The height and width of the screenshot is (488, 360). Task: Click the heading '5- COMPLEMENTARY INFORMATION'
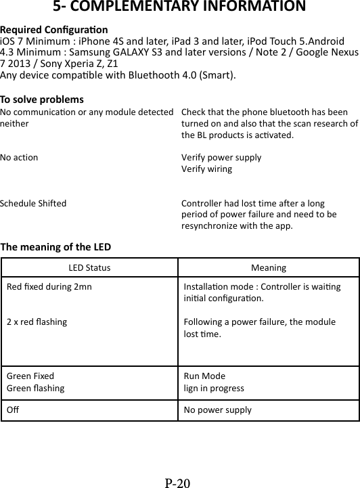click(179, 8)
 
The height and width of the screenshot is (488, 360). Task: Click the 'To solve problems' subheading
click(42, 99)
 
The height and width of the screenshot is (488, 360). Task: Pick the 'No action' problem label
click(20, 157)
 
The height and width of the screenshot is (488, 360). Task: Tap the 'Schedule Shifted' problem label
click(33, 202)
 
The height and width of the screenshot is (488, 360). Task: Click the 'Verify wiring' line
click(206, 169)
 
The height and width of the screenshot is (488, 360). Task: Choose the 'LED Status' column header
click(90, 268)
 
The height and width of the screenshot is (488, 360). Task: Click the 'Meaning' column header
click(268, 268)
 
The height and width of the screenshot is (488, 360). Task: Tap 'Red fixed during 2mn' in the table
click(49, 286)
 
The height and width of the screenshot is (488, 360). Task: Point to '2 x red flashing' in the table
click(37, 321)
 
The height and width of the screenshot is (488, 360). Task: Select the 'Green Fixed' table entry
click(30, 376)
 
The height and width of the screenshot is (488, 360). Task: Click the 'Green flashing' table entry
click(36, 389)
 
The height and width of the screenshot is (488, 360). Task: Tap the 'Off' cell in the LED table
click(12, 410)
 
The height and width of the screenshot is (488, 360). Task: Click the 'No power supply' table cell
click(217, 410)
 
